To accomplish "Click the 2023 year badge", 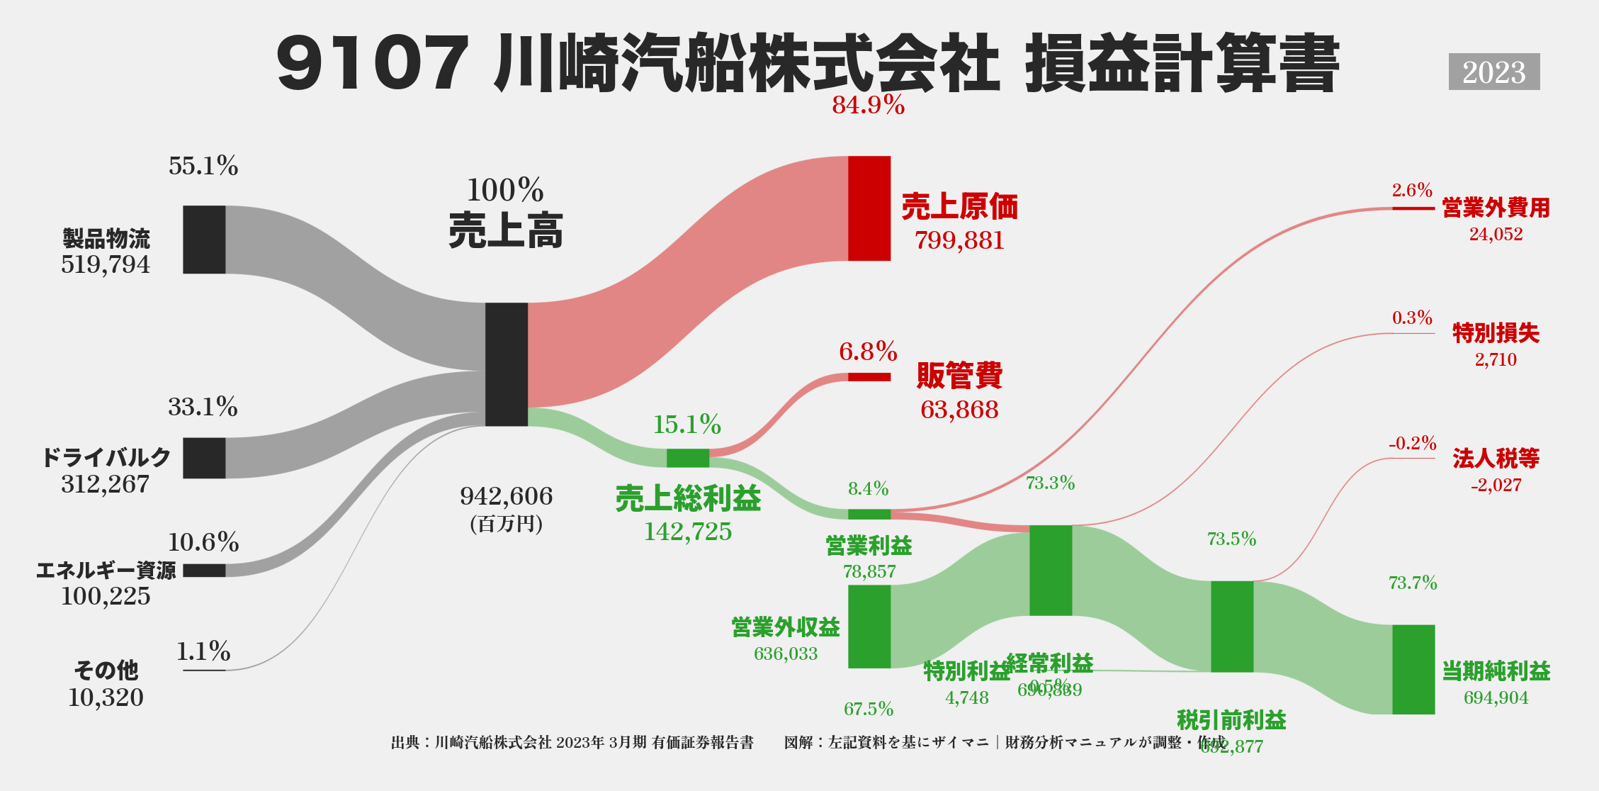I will pyautogui.click(x=1493, y=72).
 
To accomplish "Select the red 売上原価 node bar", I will pyautogui.click(x=869, y=208).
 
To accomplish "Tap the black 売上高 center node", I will pyautogui.click(x=507, y=364).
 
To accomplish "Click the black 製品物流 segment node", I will pyautogui.click(x=204, y=240).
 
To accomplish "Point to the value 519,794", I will pyautogui.click(x=106, y=264).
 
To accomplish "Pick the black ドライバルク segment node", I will pyautogui.click(x=204, y=458).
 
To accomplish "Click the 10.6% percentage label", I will pyautogui.click(x=203, y=542).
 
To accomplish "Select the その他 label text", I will pyautogui.click(x=106, y=670).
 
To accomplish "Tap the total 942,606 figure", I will pyautogui.click(x=506, y=496).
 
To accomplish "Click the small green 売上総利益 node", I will pyautogui.click(x=687, y=458).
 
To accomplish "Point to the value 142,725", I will pyautogui.click(x=687, y=532).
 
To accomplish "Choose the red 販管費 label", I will pyautogui.click(x=959, y=376).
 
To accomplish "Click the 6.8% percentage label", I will pyautogui.click(x=868, y=352).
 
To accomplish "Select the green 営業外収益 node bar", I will pyautogui.click(x=869, y=627).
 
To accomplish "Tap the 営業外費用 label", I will pyautogui.click(x=1496, y=208).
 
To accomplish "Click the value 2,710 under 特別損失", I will pyautogui.click(x=1496, y=359).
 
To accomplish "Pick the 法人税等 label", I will pyautogui.click(x=1496, y=459).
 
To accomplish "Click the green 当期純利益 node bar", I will pyautogui.click(x=1413, y=669).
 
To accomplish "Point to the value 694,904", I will pyautogui.click(x=1496, y=698).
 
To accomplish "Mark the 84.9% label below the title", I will pyautogui.click(x=868, y=106).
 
